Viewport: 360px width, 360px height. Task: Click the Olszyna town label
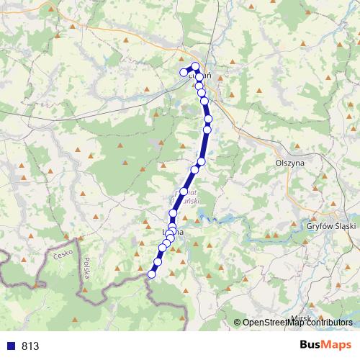[x=290, y=163]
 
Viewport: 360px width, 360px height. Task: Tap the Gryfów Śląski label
[x=330, y=225]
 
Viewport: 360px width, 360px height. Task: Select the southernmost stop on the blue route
[x=152, y=274]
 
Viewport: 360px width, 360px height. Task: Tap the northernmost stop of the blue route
[x=195, y=66]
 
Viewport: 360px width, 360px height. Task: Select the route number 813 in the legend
[x=30, y=346]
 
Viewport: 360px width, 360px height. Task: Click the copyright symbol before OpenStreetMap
[x=238, y=323]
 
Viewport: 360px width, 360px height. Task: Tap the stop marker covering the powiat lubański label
[x=184, y=192]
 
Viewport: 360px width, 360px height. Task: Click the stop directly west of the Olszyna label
[x=194, y=170]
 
